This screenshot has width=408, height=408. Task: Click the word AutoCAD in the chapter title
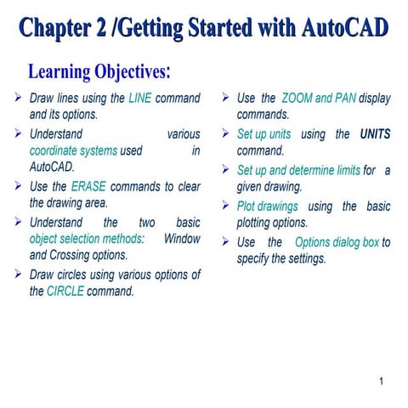[x=345, y=29]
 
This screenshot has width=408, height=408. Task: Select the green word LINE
[x=139, y=98]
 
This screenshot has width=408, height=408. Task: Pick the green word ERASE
[x=88, y=186]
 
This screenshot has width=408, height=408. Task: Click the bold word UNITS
[x=375, y=133]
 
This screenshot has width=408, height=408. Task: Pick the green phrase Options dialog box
[x=337, y=242]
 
